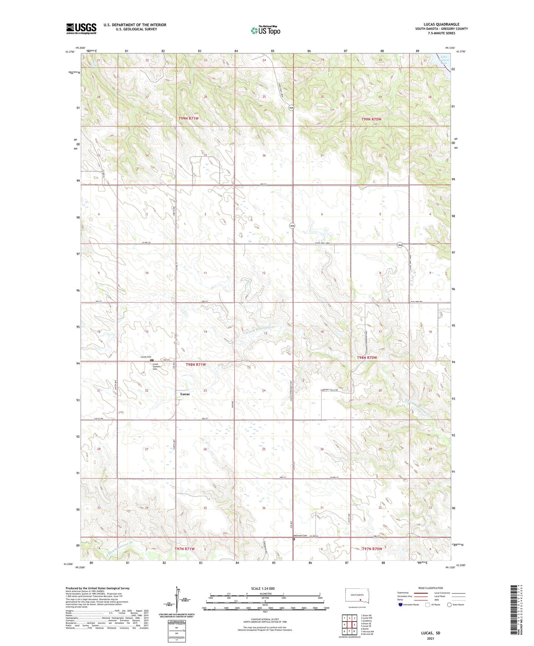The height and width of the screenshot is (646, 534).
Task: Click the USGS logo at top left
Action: point(81,28)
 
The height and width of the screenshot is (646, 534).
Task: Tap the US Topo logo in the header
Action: point(265,30)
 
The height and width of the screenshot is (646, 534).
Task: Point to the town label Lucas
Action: point(185,394)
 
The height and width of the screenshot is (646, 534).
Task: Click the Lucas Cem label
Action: point(146,357)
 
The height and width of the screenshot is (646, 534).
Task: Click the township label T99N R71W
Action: point(188,118)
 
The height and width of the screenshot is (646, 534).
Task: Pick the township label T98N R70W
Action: point(367,357)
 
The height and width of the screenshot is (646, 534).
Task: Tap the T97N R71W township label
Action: point(190,549)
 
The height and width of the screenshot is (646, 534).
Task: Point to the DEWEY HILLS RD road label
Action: point(330,390)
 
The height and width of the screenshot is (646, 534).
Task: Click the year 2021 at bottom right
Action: point(431,638)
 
